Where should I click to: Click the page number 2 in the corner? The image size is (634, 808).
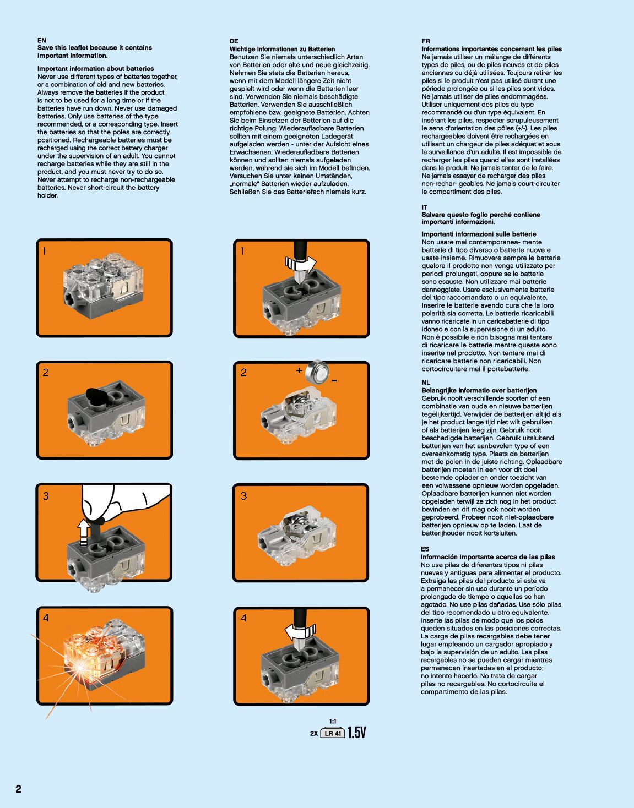point(19,789)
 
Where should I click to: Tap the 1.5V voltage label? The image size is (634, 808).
point(357,733)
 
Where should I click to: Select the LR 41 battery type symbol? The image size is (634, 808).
point(333,733)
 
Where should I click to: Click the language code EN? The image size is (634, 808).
point(42,40)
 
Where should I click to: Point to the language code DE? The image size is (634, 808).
point(234,41)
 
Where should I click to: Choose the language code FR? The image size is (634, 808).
point(426,41)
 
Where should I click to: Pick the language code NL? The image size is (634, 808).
point(426,382)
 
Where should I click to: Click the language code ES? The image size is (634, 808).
point(425,549)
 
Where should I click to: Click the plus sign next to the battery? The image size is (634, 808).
point(299,370)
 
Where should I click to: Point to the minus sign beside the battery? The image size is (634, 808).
point(334,381)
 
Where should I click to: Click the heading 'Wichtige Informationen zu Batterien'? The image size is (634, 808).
point(282,49)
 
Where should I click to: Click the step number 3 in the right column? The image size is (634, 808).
point(244,496)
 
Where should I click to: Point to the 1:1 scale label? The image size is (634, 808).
point(333,721)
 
